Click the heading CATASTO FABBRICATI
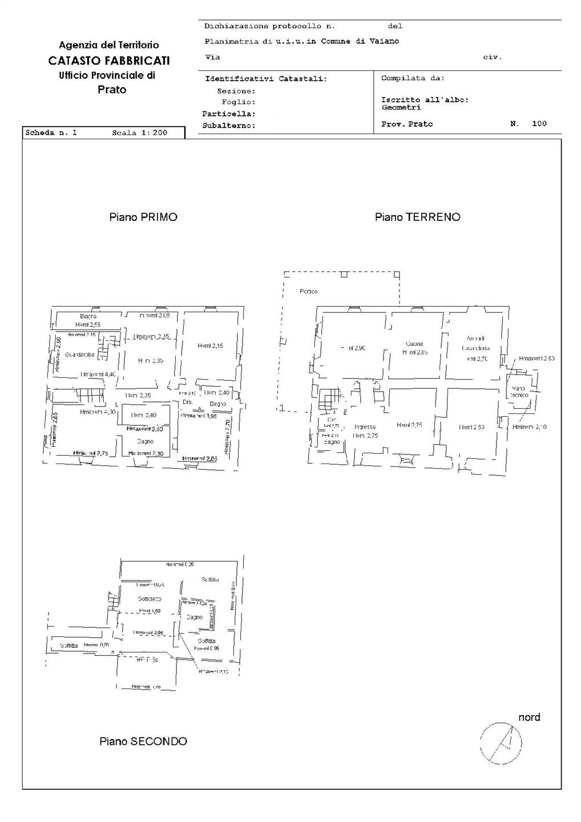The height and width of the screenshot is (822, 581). tap(109, 61)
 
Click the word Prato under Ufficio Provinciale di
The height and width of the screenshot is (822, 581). tap(112, 90)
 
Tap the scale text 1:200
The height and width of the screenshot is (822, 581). tap(154, 133)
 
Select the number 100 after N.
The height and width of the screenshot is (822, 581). tap(539, 124)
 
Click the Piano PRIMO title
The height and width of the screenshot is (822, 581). tap(143, 217)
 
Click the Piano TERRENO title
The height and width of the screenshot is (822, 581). tap(417, 217)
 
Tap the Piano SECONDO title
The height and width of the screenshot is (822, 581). tap(143, 742)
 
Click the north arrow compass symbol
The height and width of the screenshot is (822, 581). tap(501, 743)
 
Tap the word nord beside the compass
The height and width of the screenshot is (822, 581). tap(529, 718)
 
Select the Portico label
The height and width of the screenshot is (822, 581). tap(309, 292)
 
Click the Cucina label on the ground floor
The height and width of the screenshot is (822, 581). tap(414, 344)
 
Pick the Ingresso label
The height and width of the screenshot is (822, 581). tap(365, 427)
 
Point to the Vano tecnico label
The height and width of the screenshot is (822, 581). tap(519, 392)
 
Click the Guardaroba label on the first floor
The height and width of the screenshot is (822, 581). tap(80, 354)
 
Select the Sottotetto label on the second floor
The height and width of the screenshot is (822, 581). tap(150, 599)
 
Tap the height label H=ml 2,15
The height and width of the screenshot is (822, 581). tap(211, 345)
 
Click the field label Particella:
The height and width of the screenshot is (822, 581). tap(229, 114)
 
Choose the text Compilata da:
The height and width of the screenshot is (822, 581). tap(413, 78)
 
